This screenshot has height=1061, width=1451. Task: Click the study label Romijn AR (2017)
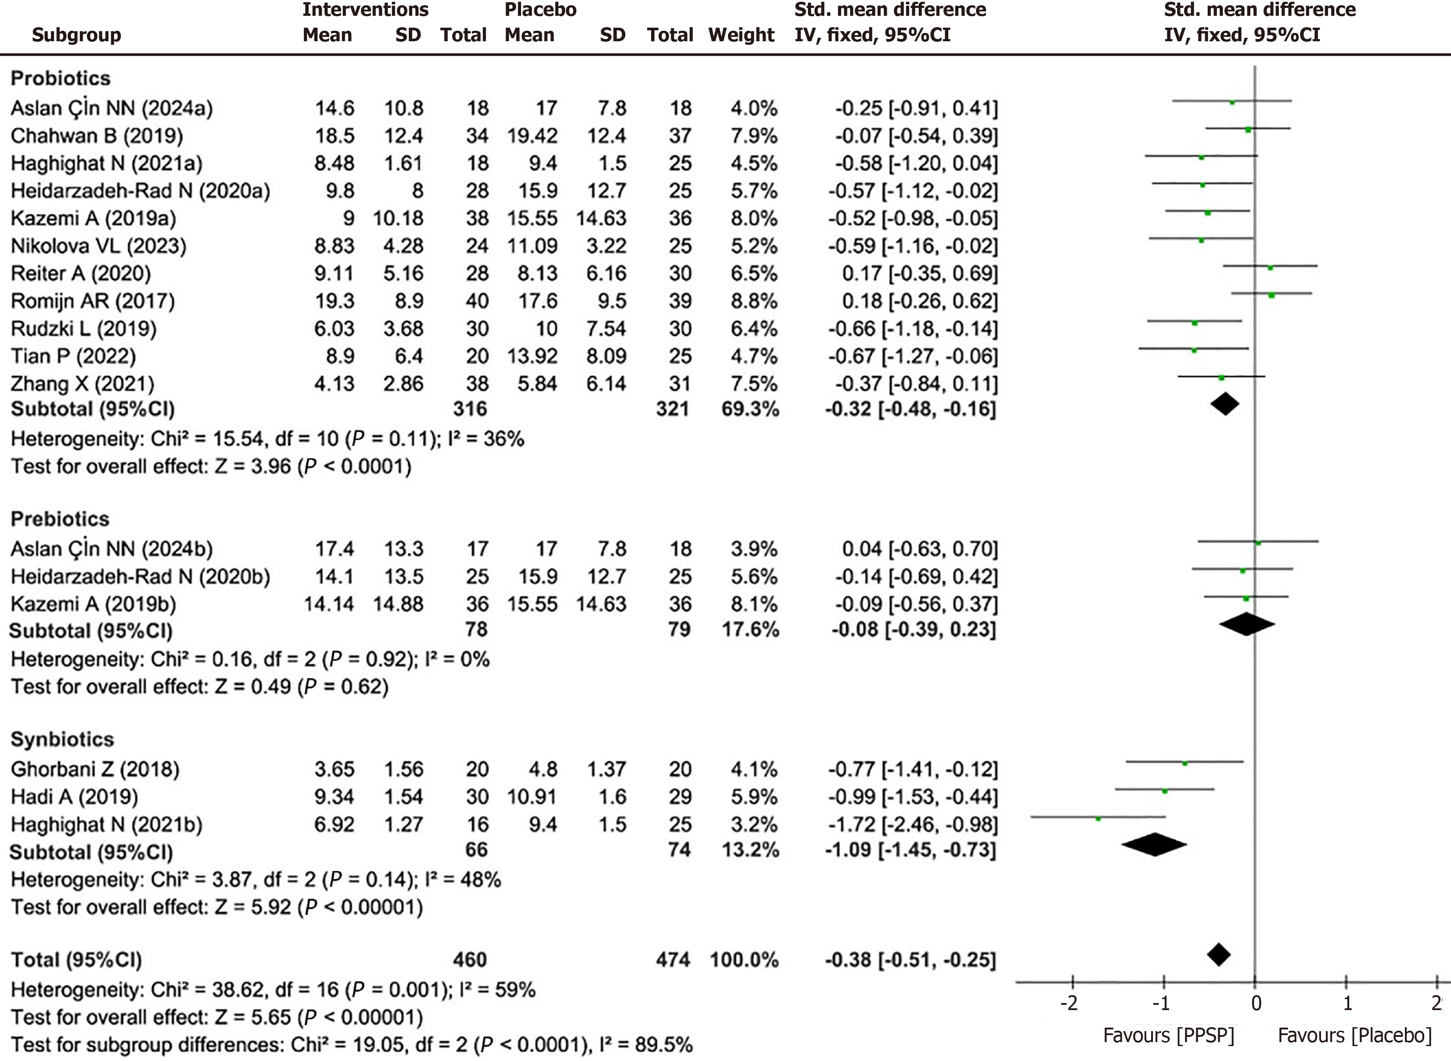pos(93,301)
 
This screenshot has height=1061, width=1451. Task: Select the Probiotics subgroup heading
pos(61,78)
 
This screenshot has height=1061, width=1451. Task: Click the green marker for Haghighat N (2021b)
pos(1098,818)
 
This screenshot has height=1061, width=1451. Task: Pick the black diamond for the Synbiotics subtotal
pos(1154,845)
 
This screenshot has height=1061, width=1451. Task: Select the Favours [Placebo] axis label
pos(1355,1035)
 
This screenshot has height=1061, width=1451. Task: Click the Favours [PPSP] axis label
pos(1168,1035)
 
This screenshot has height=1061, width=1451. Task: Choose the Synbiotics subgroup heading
pos(62,739)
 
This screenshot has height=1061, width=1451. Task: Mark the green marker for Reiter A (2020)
pos(1270,266)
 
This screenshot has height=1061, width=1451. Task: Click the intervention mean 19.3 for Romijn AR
pos(334,301)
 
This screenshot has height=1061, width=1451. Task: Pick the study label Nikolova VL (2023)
pos(98,246)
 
